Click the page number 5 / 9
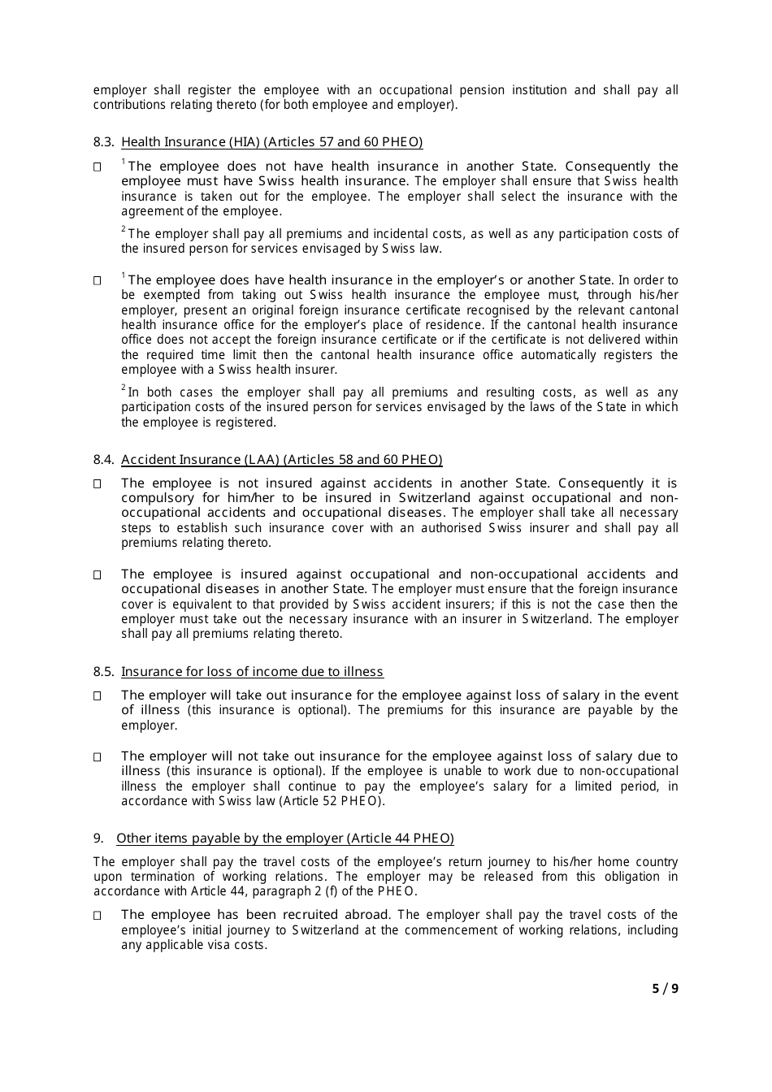665,989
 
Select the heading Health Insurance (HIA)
271,142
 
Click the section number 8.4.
103,460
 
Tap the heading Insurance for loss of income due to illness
252,672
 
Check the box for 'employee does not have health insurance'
98,167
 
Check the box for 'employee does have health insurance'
98,280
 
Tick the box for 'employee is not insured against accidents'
98,483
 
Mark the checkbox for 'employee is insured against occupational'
98,574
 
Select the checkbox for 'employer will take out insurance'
98,695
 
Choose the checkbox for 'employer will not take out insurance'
98,756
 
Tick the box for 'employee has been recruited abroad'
98,915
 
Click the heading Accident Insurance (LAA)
281,460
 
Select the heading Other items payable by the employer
284,838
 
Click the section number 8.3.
103,142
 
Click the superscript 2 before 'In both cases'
124,388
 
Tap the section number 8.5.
103,672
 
